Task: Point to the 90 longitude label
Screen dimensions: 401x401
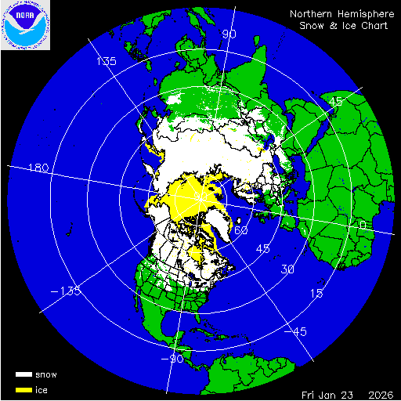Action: tap(229, 34)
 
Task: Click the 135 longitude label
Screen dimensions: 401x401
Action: tap(106, 61)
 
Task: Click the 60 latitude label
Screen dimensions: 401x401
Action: tap(241, 231)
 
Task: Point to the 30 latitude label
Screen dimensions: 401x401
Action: tap(288, 269)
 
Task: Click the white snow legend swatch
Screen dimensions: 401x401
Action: tap(24, 375)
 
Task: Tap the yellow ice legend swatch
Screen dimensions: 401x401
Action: tap(24, 389)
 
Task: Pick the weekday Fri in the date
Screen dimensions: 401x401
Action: tap(310, 393)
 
